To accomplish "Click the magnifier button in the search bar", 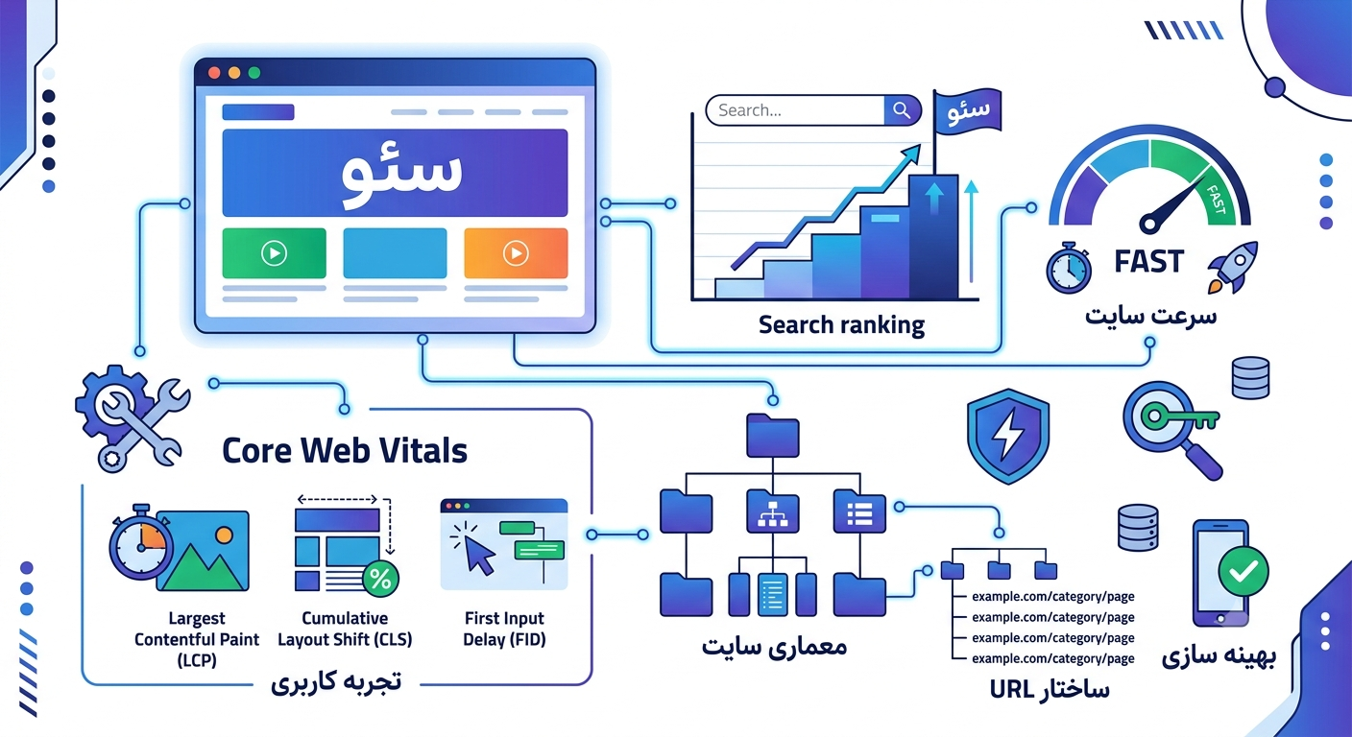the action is tap(902, 110).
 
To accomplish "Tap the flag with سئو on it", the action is tap(968, 111).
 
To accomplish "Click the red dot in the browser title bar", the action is tap(214, 73).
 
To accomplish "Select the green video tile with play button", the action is tap(274, 252).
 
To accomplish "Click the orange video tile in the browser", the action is tap(516, 252).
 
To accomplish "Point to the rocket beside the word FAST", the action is tap(1233, 267).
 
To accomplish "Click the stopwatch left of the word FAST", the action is tap(1069, 269).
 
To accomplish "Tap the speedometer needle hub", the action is tap(1149, 224).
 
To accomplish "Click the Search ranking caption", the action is tap(841, 325).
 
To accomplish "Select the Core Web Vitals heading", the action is tap(345, 450).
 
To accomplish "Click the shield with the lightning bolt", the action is tap(1008, 436).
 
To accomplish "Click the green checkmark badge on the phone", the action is tap(1243, 571).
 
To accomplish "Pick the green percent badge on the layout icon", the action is tap(380, 580).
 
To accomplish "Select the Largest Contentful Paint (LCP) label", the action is tap(197, 639).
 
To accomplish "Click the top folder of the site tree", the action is tap(773, 436).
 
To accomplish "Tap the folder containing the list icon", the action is tap(859, 511).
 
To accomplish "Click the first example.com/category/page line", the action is tap(1053, 597).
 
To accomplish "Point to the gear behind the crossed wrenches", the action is tap(109, 401).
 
